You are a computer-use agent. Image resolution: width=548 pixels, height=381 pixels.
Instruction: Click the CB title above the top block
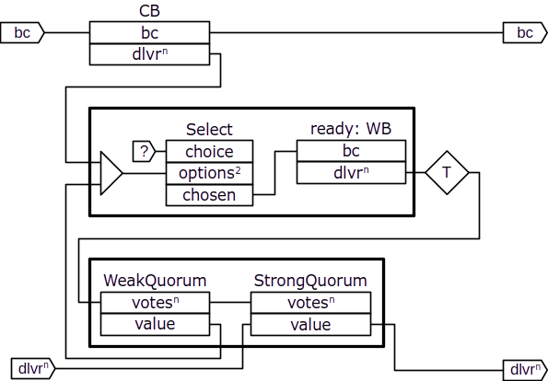149,11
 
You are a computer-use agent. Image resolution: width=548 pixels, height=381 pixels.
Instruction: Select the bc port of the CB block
149,33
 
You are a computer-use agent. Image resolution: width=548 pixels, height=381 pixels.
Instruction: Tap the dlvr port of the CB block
149,54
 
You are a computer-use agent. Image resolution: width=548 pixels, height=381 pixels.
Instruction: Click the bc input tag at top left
22,33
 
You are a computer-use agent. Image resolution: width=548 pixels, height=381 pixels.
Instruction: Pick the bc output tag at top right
525,33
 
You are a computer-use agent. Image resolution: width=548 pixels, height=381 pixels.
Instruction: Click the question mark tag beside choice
144,151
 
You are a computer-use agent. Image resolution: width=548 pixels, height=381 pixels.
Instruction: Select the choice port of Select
209,152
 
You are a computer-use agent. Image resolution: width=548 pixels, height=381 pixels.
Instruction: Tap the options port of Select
209,174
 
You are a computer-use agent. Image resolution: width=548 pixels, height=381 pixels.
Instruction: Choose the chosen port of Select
209,195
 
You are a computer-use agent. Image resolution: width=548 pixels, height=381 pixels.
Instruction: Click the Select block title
209,130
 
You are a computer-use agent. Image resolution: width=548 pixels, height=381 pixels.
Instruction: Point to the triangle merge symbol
111,173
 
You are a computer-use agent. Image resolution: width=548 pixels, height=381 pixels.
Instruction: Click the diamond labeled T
447,172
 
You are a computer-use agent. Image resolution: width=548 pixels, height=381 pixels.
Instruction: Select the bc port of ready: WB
351,151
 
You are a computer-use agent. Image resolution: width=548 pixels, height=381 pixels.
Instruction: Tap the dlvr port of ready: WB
351,172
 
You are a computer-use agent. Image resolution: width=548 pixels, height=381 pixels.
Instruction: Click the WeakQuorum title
155,281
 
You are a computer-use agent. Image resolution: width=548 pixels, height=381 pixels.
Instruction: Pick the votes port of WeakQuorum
155,303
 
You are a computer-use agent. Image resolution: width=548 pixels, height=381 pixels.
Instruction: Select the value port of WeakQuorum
155,325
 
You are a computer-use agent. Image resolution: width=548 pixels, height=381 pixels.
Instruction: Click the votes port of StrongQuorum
310,303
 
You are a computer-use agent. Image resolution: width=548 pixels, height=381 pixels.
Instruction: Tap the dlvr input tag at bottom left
33,368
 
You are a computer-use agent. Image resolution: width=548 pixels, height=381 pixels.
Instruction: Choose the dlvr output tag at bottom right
525,370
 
